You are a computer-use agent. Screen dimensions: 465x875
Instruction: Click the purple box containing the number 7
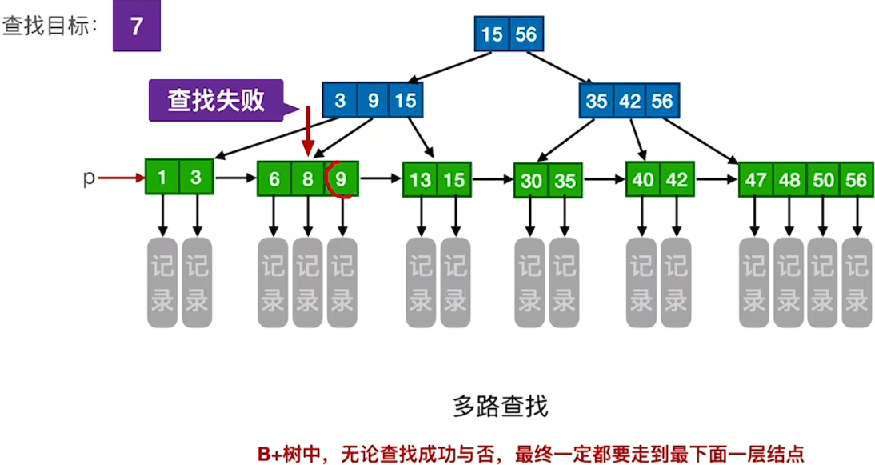(136, 26)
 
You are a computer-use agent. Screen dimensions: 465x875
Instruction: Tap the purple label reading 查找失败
(215, 100)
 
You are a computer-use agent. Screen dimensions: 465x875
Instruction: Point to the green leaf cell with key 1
(162, 178)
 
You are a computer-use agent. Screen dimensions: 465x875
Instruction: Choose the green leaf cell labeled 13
(420, 179)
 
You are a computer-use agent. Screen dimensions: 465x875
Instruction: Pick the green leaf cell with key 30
(531, 181)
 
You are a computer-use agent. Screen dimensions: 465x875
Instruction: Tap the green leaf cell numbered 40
(643, 179)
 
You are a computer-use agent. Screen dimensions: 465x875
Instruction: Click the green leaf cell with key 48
(789, 180)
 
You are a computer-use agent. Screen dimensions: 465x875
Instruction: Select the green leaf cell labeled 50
(823, 180)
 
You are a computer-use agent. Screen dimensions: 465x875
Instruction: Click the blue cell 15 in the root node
(492, 34)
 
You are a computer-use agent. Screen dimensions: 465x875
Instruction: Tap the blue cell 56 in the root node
(525, 34)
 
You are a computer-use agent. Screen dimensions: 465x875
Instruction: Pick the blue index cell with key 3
(340, 101)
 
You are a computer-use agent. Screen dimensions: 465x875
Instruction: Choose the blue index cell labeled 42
(629, 101)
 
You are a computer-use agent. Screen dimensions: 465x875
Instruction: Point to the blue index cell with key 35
(597, 101)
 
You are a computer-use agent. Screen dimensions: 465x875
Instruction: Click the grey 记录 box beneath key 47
(755, 283)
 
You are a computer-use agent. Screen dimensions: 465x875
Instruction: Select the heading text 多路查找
(501, 407)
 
